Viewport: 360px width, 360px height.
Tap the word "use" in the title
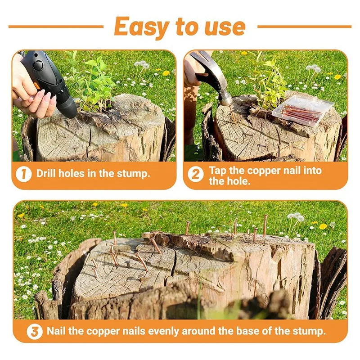click(x=224, y=27)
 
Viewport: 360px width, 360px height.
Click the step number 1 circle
click(x=24, y=174)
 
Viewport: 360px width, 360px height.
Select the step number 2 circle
click(x=195, y=174)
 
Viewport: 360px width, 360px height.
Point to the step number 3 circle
click(x=34, y=332)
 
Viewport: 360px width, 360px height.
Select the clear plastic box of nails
click(x=302, y=110)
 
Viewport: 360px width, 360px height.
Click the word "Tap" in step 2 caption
click(x=217, y=170)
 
